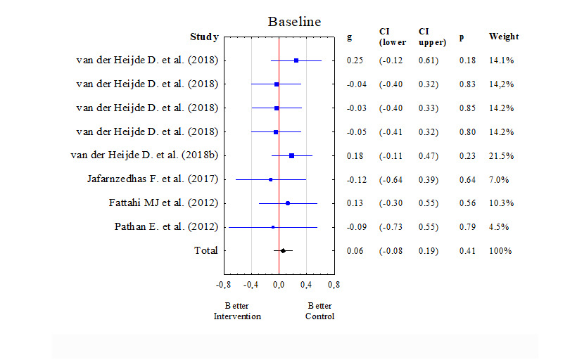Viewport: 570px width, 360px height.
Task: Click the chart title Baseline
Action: point(294,22)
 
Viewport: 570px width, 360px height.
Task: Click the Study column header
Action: point(204,37)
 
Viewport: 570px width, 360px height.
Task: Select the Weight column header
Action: point(504,37)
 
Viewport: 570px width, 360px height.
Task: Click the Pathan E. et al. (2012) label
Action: point(166,227)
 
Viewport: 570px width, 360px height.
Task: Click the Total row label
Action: point(206,251)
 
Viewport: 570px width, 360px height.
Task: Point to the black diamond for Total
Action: point(283,250)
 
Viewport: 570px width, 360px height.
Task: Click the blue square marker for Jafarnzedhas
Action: point(270,179)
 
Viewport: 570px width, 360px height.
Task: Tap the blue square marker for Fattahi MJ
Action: point(288,203)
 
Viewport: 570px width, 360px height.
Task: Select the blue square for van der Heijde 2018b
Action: point(291,155)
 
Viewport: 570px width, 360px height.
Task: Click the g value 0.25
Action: point(355,60)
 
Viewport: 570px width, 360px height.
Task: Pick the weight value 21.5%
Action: point(501,155)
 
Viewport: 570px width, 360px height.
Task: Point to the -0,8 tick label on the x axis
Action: point(223,285)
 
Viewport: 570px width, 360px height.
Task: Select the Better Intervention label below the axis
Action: point(237,311)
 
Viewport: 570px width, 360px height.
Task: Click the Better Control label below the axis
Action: point(319,311)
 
